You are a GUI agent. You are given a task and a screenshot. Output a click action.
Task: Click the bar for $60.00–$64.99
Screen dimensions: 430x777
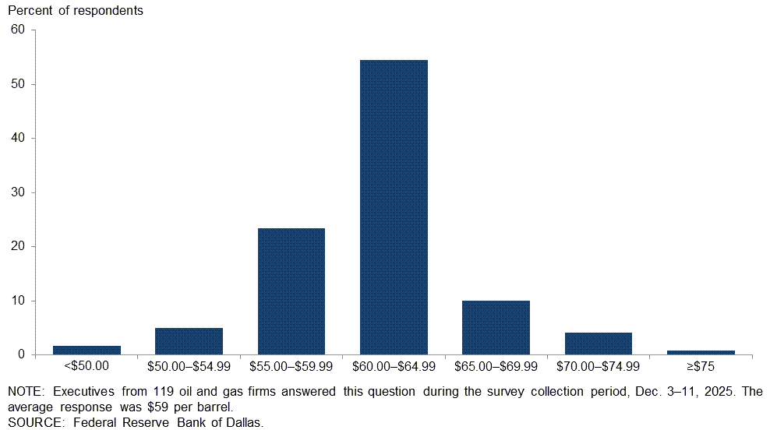[394, 207]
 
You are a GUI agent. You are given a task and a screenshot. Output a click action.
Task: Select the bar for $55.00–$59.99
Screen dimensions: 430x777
[291, 291]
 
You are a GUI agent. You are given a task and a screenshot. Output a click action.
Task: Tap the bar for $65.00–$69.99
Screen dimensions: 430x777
[496, 327]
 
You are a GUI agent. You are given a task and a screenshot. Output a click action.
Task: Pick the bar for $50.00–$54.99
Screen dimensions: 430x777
[189, 341]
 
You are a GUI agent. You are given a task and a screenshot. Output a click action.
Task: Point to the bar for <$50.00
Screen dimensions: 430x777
[87, 350]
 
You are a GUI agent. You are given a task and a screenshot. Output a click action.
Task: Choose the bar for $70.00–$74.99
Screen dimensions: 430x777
[598, 344]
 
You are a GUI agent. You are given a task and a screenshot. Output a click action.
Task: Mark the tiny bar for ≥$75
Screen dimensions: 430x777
[700, 352]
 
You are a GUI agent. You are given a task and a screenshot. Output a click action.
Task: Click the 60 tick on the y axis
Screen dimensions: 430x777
[18, 30]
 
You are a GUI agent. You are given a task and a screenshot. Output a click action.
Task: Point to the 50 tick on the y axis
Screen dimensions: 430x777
[18, 84]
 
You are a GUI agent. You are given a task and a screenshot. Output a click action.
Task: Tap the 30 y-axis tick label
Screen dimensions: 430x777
[18, 192]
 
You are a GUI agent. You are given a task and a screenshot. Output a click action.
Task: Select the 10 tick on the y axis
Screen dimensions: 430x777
[18, 301]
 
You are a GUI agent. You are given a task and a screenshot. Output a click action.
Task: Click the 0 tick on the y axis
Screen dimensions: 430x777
[22, 355]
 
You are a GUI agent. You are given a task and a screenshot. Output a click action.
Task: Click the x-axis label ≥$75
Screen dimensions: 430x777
[700, 365]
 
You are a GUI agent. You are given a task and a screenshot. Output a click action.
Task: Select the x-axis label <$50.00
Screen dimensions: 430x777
[87, 365]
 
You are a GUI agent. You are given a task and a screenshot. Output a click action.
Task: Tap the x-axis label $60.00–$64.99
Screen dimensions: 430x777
[394, 365]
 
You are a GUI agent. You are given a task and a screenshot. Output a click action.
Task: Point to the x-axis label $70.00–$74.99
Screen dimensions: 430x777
[598, 365]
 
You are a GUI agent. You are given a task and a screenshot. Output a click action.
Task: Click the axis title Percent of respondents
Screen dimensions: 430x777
[76, 12]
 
